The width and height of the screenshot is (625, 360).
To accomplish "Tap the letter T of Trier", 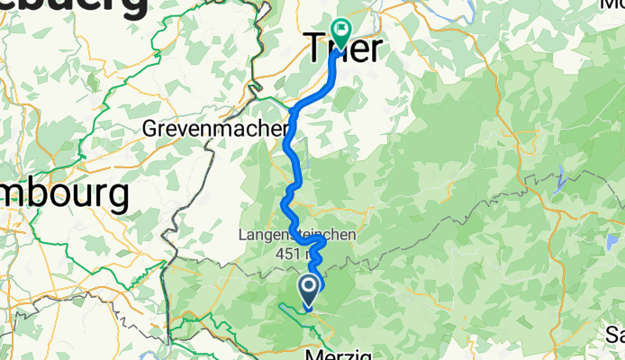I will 317,47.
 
